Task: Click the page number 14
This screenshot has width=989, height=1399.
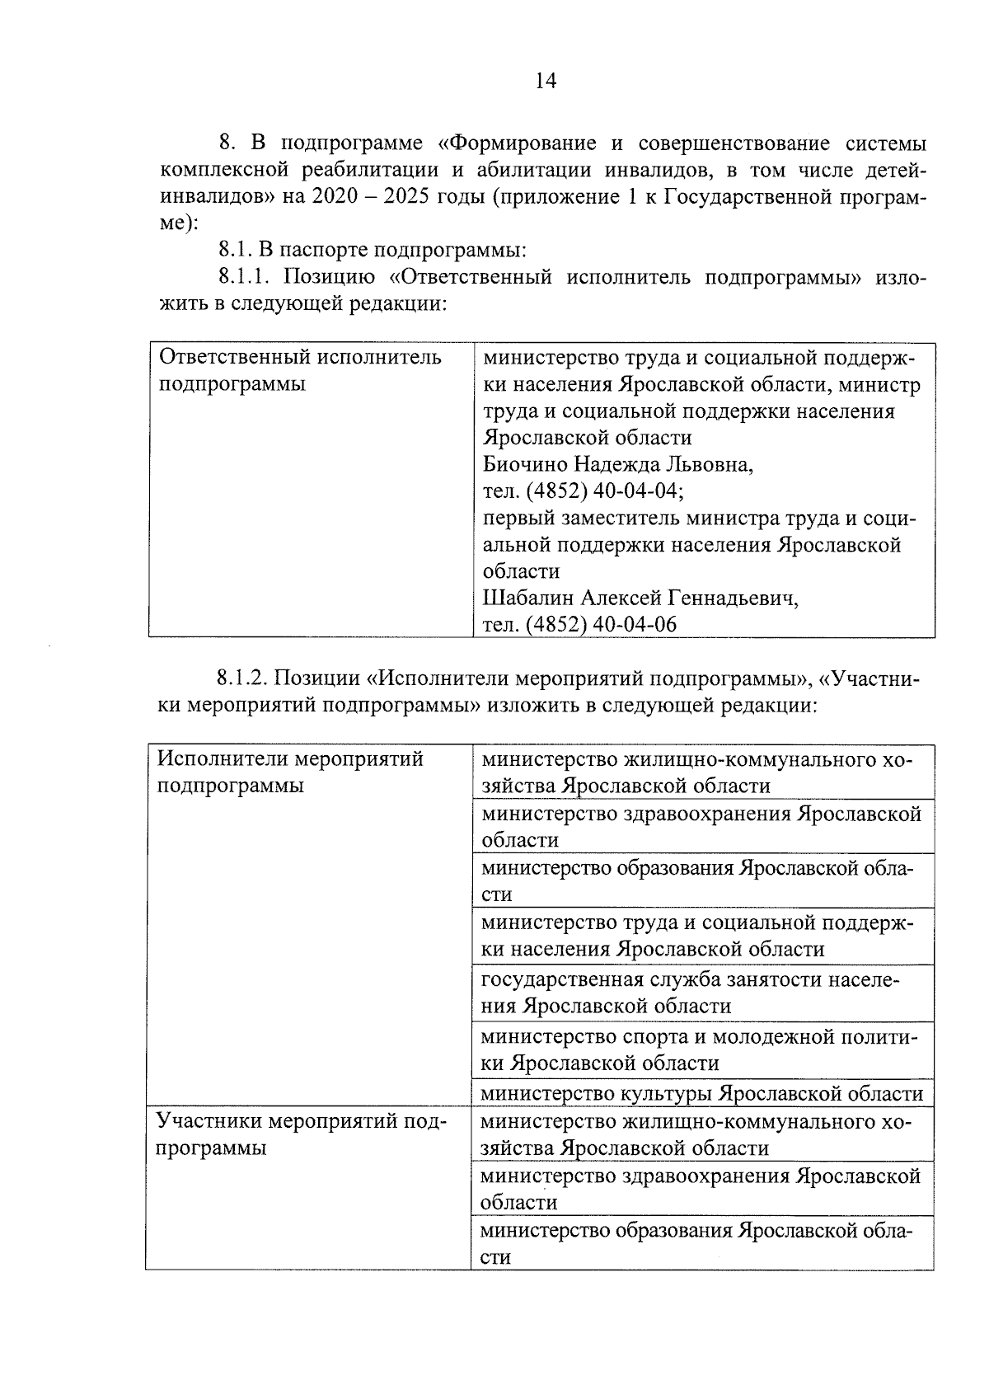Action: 546,80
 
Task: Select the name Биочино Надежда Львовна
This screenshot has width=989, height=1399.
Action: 617,464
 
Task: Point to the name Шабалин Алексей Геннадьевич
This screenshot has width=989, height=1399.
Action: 640,598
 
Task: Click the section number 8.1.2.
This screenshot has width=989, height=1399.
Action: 245,678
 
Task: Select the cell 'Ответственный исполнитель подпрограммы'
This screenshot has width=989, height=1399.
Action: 300,370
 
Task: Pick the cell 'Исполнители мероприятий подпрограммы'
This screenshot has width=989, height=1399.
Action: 290,771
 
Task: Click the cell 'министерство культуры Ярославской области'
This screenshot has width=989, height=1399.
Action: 701,1093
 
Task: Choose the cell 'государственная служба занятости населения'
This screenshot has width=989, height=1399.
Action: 701,993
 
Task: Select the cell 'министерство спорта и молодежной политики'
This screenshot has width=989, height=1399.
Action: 701,1049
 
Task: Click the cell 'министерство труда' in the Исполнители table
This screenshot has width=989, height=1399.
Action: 701,935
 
